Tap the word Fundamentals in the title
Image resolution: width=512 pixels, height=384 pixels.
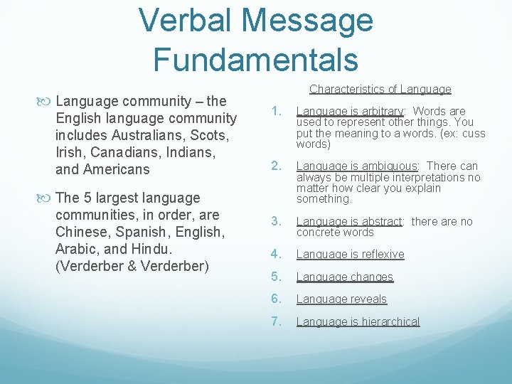click(x=255, y=58)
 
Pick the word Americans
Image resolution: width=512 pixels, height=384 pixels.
click(x=117, y=169)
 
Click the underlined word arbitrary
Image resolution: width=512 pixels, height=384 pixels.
click(x=380, y=111)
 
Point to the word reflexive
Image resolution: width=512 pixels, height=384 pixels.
click(x=383, y=255)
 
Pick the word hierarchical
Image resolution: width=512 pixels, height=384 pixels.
click(x=390, y=321)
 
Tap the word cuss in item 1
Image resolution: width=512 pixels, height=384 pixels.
click(x=473, y=133)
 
